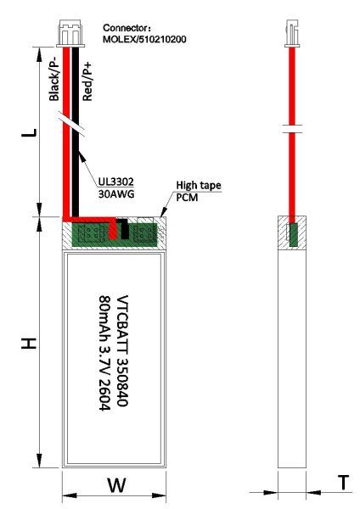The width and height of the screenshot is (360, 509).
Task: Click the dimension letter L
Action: pyautogui.click(x=29, y=132)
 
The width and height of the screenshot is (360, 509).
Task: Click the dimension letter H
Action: pyautogui.click(x=29, y=344)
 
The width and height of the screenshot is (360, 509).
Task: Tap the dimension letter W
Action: pyautogui.click(x=116, y=485)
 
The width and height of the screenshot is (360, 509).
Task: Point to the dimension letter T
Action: pyautogui.click(x=343, y=483)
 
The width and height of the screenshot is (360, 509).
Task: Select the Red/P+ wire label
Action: pyautogui.click(x=87, y=81)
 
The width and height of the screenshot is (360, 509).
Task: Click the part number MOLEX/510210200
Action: pyautogui.click(x=144, y=39)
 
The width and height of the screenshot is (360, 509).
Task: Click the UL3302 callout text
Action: pyautogui.click(x=116, y=182)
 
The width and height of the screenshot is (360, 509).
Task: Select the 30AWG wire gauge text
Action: pyautogui.click(x=116, y=194)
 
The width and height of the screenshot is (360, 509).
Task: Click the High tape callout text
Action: pyautogui.click(x=199, y=185)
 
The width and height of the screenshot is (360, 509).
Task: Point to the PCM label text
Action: pyautogui.click(x=187, y=197)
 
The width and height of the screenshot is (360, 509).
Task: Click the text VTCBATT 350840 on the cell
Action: pyautogui.click(x=122, y=350)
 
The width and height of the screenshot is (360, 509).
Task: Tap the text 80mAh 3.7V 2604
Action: pyautogui.click(x=104, y=353)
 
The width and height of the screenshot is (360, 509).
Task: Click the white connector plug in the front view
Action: pyautogui.click(x=70, y=33)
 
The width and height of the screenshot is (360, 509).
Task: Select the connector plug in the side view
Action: pyautogui.click(x=292, y=33)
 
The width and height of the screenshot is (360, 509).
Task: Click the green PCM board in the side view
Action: pyautogui.click(x=293, y=234)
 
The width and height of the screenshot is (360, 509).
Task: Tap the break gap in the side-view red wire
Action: pyautogui.click(x=292, y=129)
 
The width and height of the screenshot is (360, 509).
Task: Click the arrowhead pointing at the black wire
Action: pyautogui.click(x=82, y=157)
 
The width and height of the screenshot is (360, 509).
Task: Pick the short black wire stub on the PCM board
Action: pyautogui.click(x=123, y=228)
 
